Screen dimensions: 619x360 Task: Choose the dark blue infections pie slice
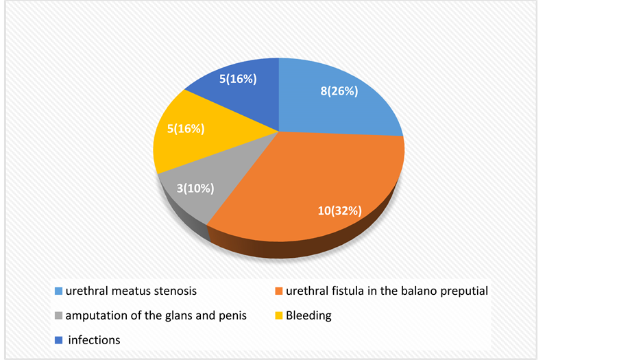tap(245, 87)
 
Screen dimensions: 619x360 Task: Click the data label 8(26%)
tap(339, 91)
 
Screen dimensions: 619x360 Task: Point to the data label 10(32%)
tap(339, 211)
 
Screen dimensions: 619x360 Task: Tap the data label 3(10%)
tap(195, 189)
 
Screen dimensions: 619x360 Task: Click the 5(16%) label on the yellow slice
tap(186, 129)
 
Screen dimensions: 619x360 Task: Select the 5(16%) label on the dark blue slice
tap(238, 79)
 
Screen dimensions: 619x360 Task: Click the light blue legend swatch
tap(58, 291)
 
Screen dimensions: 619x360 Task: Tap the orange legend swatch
tap(279, 291)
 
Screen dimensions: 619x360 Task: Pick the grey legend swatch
tap(58, 316)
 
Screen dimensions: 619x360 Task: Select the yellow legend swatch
tap(279, 316)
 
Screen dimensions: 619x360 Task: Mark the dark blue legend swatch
tap(58, 340)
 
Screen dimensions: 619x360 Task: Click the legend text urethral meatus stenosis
tap(131, 291)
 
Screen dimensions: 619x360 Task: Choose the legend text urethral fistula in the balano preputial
tap(387, 291)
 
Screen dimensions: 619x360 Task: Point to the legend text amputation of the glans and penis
tap(156, 316)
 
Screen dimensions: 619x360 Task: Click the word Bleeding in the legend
tap(308, 316)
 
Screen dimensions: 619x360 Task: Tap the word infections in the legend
tap(94, 340)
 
